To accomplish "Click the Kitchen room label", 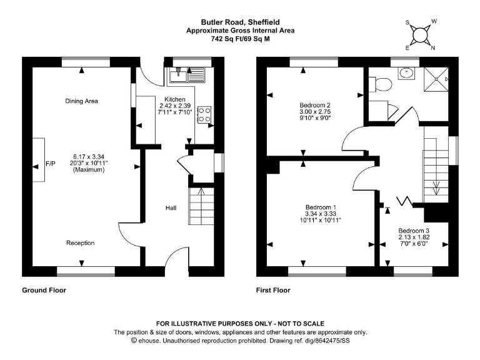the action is coord(175,99).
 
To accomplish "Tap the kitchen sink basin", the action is coord(178,75).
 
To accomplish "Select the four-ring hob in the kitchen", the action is coord(204,115).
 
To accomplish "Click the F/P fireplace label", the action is coord(51,164).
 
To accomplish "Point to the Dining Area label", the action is coord(81,101).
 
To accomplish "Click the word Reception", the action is coord(80,243).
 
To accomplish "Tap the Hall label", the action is coord(171,208).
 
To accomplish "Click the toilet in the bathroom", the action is coord(380,84).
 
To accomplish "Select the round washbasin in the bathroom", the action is coord(406,74).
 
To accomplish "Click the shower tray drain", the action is coord(436,79).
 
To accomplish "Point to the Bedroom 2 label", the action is coord(315,105).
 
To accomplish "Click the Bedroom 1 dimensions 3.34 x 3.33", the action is coord(321,214).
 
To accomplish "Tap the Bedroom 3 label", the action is coord(414,231).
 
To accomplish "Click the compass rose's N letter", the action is coord(433,47).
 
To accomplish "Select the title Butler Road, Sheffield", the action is coord(240,22).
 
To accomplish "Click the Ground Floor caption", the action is coord(44,290).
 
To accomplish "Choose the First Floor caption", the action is coord(273,290).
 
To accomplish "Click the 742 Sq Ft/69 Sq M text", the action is coord(240,39).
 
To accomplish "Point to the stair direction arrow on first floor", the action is coord(436,187).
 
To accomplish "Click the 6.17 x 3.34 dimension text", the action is coord(89,157).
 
